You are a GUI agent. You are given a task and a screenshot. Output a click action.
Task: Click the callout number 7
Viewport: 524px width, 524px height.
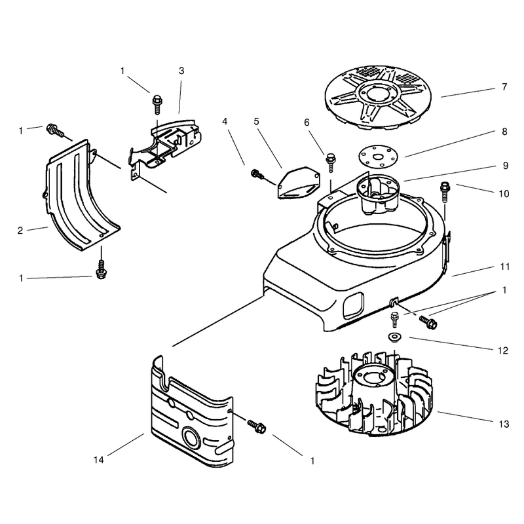(504, 87)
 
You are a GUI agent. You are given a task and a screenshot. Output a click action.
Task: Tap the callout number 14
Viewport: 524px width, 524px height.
(99, 460)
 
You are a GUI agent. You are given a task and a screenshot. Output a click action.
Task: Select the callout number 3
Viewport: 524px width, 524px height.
(181, 71)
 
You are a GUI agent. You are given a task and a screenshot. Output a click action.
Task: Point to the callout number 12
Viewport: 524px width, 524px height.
(502, 350)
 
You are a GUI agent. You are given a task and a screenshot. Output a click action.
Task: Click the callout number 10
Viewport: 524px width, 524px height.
(504, 193)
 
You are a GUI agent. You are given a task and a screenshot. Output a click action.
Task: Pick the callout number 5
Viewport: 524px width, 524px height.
(256, 121)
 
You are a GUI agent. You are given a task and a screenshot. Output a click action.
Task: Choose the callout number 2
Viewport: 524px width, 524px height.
(20, 231)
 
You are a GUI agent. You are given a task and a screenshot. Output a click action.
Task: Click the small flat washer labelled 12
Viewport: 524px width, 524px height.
(394, 336)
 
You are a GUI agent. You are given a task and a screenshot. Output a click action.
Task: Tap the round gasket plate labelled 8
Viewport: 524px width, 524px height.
(379, 156)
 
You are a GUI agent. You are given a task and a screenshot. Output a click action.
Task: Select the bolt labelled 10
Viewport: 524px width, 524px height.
(445, 191)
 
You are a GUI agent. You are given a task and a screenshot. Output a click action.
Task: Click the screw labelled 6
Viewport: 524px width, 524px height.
(331, 162)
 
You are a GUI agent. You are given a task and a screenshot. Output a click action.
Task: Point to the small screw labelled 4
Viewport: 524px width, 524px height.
(257, 174)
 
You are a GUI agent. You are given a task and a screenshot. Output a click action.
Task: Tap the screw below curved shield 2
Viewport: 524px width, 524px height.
(101, 270)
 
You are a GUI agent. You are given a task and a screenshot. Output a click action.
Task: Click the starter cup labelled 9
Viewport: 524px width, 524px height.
(379, 194)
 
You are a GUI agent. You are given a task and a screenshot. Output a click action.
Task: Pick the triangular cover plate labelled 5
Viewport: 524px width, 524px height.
(298, 183)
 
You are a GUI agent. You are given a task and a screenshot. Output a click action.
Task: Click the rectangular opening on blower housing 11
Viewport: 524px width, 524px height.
(353, 304)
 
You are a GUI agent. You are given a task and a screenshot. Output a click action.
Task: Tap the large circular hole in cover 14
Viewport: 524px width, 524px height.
(191, 438)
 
